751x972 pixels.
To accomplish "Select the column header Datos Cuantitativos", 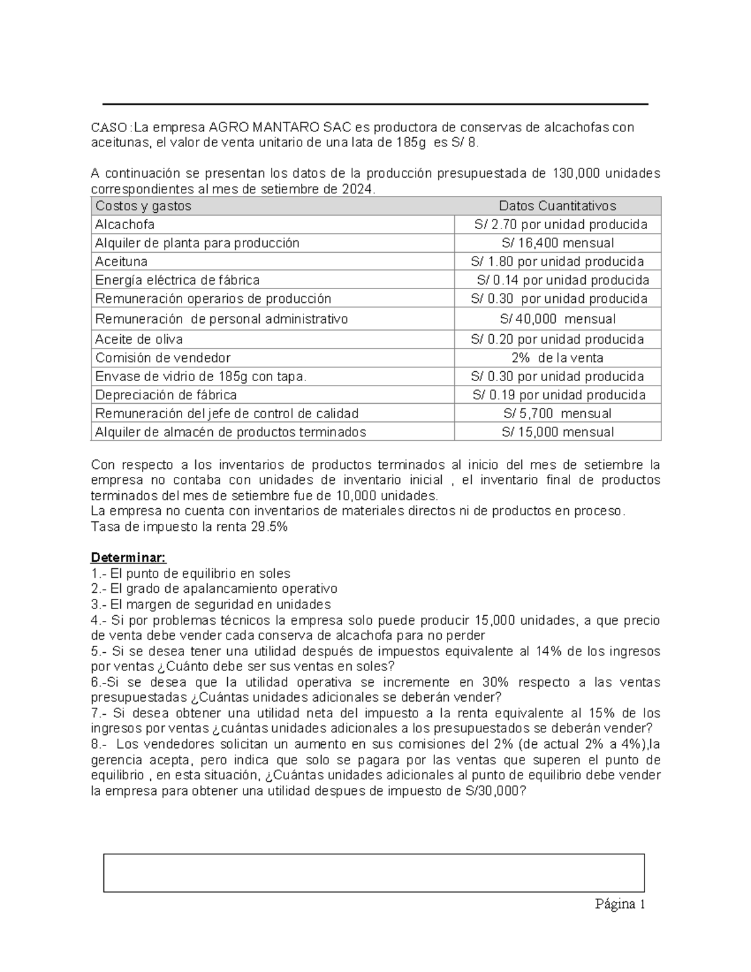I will pos(557,206).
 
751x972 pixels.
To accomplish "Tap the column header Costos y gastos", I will pos(143,206).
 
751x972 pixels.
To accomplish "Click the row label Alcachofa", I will pos(125,224).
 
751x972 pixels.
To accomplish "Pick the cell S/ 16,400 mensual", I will pos(557,243).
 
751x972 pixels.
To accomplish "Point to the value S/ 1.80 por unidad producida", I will pos(557,262).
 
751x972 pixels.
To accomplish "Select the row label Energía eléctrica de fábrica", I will pos(177,280).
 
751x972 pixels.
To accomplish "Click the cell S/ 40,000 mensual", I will pos(557,319).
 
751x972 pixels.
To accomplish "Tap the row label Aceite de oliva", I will pos(139,339).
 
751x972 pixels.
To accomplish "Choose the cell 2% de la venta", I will pos(557,358).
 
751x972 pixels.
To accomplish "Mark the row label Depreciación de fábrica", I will pos(166,395).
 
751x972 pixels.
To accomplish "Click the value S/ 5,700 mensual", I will pos(557,414).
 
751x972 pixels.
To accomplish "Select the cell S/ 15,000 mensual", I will pos(557,432).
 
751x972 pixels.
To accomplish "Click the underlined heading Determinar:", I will pos(128,557).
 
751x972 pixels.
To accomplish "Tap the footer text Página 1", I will pos(620,904).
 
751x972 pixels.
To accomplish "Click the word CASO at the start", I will pos(108,128).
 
